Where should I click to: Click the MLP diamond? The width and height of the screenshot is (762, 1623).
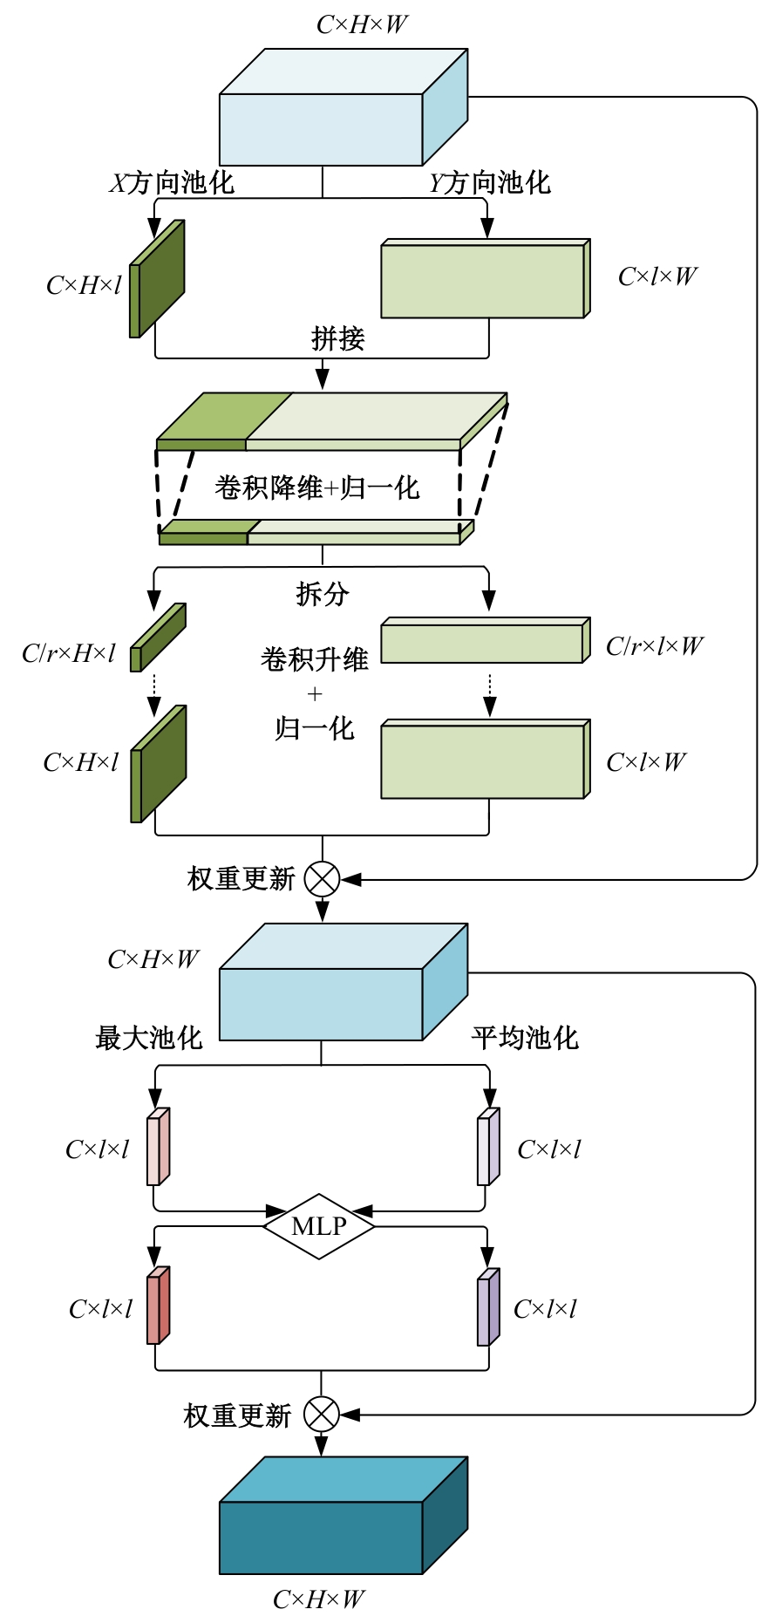coord(319,1225)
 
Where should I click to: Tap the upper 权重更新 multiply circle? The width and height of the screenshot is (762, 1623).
coord(322,879)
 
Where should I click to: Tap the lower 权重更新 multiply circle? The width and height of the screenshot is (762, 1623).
coord(321,1414)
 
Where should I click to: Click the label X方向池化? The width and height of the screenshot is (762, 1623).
coord(172,182)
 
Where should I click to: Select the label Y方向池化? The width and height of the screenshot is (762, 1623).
coord(490,182)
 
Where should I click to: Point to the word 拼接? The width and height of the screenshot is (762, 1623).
coord(337,338)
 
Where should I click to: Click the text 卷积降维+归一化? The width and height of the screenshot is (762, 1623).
coord(317,488)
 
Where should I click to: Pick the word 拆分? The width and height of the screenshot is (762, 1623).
coord(322,594)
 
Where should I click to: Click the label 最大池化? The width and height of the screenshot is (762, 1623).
coord(148,1038)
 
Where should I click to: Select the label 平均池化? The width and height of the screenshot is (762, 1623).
coord(525,1038)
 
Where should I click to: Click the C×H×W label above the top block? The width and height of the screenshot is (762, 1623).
coord(362,24)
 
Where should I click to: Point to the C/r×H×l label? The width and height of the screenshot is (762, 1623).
coord(69,653)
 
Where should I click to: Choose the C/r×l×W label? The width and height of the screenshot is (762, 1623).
coord(654,646)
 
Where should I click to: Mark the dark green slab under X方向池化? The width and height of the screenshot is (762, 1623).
coord(160,279)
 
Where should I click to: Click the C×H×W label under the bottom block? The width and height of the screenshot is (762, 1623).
coord(318,1599)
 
